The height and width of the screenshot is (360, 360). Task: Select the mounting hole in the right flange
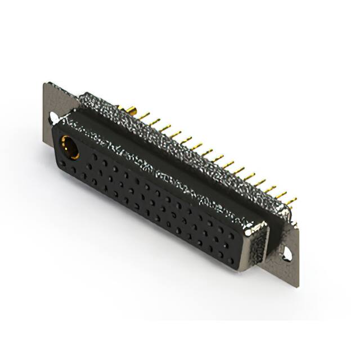(x=287, y=254)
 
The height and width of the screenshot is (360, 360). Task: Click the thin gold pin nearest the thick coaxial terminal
(x=145, y=115)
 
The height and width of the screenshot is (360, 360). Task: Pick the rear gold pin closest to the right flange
(x=291, y=201)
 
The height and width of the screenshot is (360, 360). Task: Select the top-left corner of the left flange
(x=45, y=84)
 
